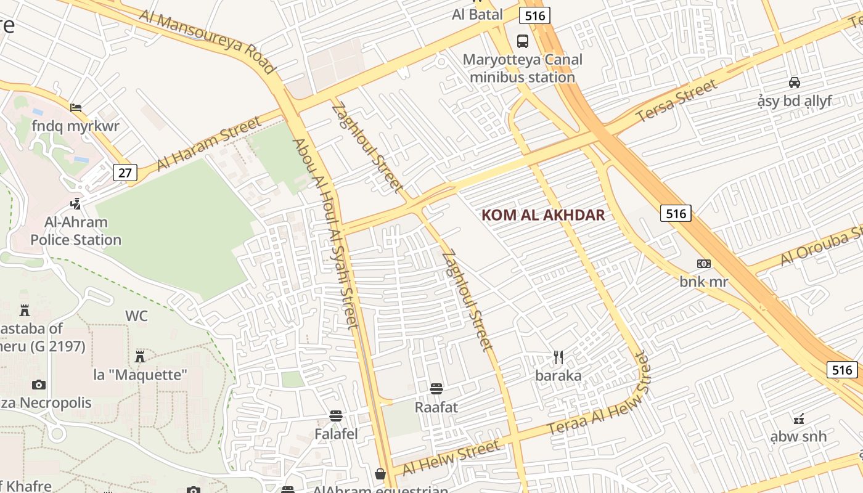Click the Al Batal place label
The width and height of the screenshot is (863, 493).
point(477,14)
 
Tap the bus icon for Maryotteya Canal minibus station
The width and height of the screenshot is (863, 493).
point(523,41)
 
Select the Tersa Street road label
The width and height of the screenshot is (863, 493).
point(677,101)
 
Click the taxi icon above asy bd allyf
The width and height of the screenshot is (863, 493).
point(795,82)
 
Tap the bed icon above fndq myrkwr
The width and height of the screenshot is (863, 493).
point(76,108)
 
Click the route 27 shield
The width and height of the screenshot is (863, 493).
point(125,173)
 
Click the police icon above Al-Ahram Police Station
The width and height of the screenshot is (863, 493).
point(76,203)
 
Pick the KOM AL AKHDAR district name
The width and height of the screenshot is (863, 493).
point(542,215)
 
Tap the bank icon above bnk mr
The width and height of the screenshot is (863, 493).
point(703,264)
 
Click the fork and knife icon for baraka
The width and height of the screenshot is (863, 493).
point(558,357)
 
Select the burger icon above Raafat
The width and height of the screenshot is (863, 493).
point(436,389)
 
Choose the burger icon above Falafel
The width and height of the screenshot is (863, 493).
point(336,416)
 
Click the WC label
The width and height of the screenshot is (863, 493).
point(136,316)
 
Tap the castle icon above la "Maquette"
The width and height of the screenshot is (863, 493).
point(140,356)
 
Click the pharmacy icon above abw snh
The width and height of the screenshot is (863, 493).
point(798,419)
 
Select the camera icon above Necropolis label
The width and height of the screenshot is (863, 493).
point(39,385)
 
